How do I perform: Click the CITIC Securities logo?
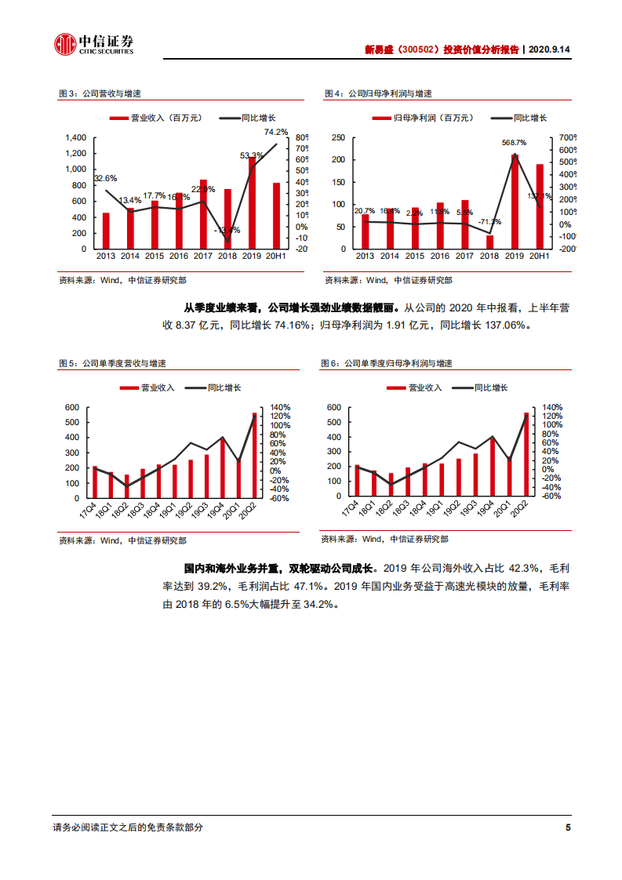coord(93,45)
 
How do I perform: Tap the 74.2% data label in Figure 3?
coord(276,132)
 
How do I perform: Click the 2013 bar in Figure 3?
coord(106,231)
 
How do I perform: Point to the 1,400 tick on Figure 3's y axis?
coord(76,137)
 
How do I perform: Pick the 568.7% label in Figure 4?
coord(515,143)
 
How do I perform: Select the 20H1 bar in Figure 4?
coord(539,206)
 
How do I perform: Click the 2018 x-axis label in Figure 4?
coord(489,256)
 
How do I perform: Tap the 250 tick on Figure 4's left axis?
coord(338,137)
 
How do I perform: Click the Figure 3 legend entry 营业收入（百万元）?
coord(155,118)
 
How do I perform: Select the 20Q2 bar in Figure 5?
coord(254,455)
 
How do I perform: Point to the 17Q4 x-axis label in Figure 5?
coord(96,511)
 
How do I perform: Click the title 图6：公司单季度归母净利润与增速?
coord(387,364)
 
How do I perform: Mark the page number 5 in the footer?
coord(568,827)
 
